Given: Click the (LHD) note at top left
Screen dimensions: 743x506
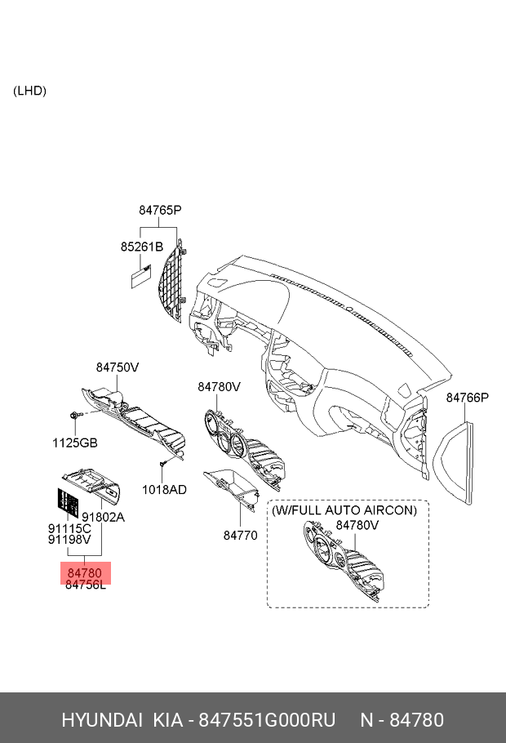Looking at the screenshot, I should pyautogui.click(x=29, y=91).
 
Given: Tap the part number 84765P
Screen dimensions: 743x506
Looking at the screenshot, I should pyautogui.click(x=159, y=210).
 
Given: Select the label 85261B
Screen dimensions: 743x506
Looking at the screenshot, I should pyautogui.click(x=142, y=246).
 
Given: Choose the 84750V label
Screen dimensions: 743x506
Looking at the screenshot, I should pyautogui.click(x=118, y=367).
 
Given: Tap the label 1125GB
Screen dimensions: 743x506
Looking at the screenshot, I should pyautogui.click(x=75, y=443).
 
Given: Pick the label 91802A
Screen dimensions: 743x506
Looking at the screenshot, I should pyautogui.click(x=103, y=517).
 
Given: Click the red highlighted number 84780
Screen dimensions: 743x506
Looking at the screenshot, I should pyautogui.click(x=85, y=573).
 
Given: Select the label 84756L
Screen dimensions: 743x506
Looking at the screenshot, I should pyautogui.click(x=86, y=585).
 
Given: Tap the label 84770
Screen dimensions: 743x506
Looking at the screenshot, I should pyautogui.click(x=240, y=536).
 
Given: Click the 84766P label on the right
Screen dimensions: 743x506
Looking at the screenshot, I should pyautogui.click(x=467, y=398).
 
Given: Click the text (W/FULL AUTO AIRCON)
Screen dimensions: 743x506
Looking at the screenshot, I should pyautogui.click(x=344, y=509).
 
